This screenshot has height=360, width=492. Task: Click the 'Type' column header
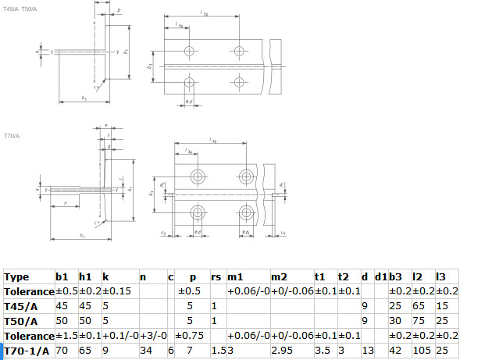point(16,276)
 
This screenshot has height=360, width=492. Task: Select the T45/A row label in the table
point(20,305)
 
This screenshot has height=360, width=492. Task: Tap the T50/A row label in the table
point(20,320)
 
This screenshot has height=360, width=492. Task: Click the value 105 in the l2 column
point(420,350)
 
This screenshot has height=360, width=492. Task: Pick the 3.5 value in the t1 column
point(322,350)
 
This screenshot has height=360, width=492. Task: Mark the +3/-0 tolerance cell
point(151,335)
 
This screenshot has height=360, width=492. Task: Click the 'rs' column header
point(216,276)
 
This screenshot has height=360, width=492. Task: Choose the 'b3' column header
point(395,276)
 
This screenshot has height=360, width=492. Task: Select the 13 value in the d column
point(365,350)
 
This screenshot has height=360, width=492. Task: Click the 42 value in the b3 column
point(395,350)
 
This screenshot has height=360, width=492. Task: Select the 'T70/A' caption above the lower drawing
point(12,136)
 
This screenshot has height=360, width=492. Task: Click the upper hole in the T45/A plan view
point(188,51)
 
